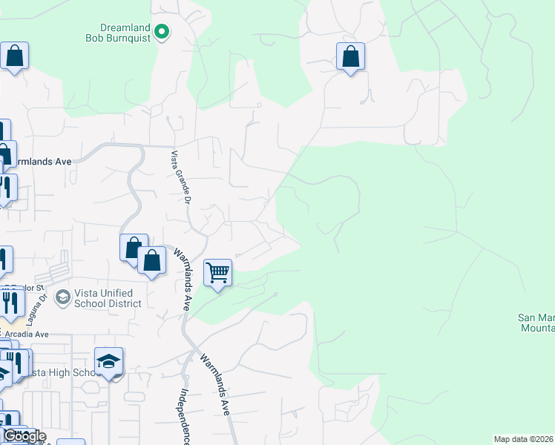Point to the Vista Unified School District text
(x=108, y=298)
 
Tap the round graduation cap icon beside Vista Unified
(x=62, y=297)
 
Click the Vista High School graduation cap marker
(x=108, y=361)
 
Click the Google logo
(x=24, y=435)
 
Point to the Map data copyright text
(x=524, y=439)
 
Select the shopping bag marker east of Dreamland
(x=350, y=56)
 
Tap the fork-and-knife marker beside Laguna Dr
(x=10, y=302)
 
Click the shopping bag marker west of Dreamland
(x=14, y=56)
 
